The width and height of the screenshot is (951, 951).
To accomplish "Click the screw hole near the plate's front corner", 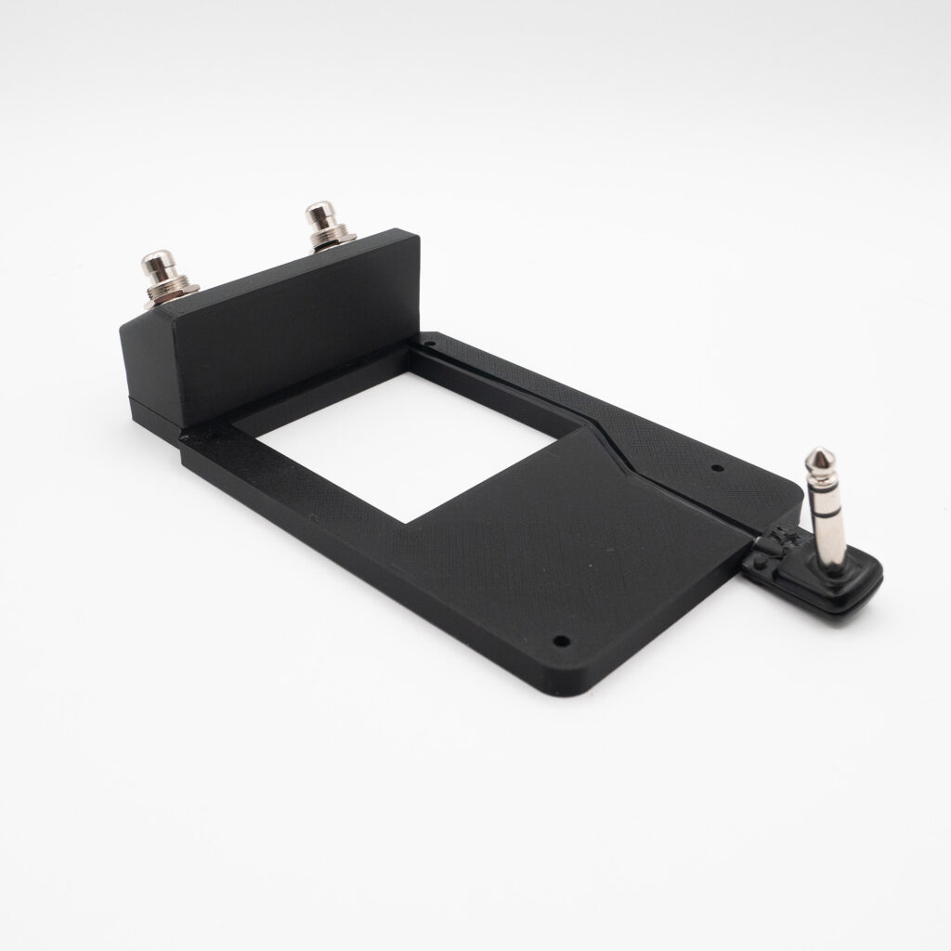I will (561, 641).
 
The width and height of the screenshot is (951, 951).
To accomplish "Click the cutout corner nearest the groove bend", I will (583, 428).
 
